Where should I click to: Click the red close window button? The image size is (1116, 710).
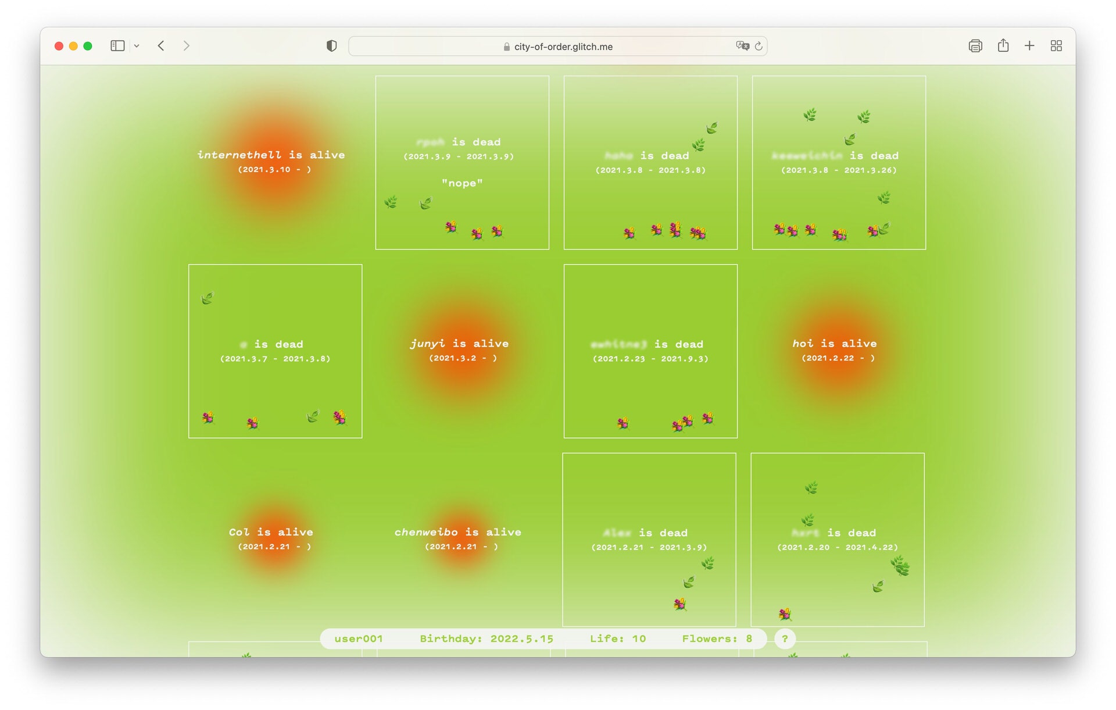tap(59, 46)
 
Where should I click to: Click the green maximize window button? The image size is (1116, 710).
tap(88, 46)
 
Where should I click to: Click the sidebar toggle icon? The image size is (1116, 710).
tap(117, 46)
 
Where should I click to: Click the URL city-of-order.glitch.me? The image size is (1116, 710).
tap(563, 47)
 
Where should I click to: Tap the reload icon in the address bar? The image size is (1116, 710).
tap(759, 46)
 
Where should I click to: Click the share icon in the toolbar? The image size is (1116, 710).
tap(1003, 46)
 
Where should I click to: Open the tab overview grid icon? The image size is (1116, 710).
tap(1056, 46)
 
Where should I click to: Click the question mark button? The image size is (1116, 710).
tap(785, 638)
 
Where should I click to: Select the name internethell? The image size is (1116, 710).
tap(239, 155)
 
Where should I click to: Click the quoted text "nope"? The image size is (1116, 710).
tap(462, 183)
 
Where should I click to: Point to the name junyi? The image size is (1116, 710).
tap(427, 344)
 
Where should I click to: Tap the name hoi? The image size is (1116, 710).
tap(803, 344)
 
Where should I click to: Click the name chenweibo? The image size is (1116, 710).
tap(426, 532)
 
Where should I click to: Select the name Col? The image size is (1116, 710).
tap(239, 532)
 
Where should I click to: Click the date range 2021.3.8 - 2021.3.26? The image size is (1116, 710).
tap(839, 170)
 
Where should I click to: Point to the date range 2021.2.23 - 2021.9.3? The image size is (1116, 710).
tap(650, 359)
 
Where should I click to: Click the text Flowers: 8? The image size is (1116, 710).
tap(717, 638)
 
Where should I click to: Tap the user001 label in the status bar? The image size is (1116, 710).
tap(359, 638)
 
